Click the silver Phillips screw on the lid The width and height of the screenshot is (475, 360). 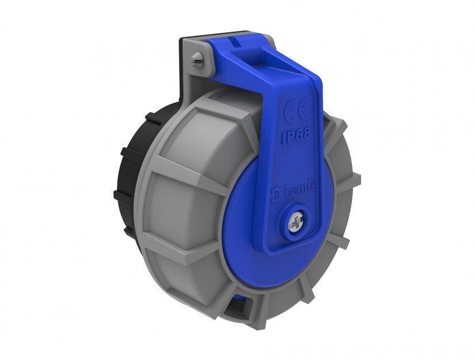[296, 223]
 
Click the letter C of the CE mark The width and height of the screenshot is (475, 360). [290, 112]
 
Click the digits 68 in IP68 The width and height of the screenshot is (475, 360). [302, 134]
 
